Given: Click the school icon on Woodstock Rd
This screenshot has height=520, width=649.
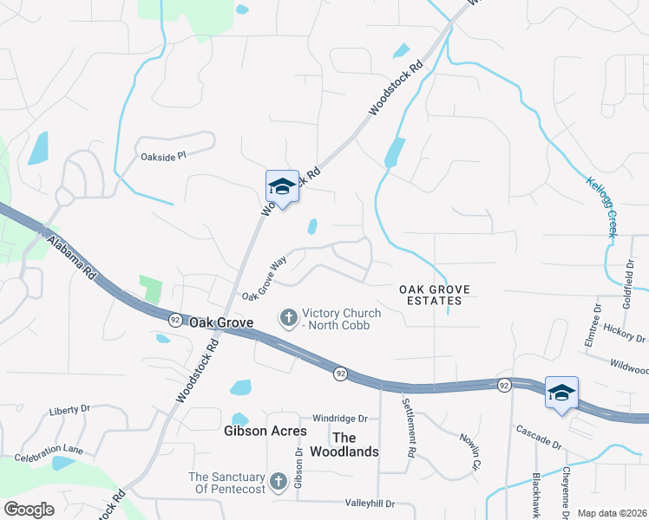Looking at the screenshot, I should tap(282, 186).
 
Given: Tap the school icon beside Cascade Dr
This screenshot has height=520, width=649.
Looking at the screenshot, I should tap(561, 392).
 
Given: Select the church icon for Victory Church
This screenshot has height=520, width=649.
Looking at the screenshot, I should tap(288, 318).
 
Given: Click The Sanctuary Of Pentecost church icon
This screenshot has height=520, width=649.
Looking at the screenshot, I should tap(279, 480).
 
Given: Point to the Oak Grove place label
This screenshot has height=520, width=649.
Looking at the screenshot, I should tap(221, 322).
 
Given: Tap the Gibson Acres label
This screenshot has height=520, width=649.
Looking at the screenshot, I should tap(265, 431).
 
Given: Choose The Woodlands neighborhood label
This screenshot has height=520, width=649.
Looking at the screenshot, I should tap(356, 445).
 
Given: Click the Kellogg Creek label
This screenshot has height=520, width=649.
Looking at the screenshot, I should tap(600, 209).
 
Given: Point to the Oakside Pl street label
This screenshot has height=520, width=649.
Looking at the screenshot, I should tap(164, 157).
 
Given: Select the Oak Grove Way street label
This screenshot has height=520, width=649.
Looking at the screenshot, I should tap(264, 279).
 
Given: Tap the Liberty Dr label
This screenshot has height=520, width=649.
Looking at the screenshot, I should tap(69, 409).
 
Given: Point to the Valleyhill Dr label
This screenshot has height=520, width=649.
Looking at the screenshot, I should tap(370, 503).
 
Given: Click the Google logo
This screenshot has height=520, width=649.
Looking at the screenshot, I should tap(29, 509).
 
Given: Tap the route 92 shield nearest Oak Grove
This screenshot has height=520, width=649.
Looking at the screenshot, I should tap(174, 319).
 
